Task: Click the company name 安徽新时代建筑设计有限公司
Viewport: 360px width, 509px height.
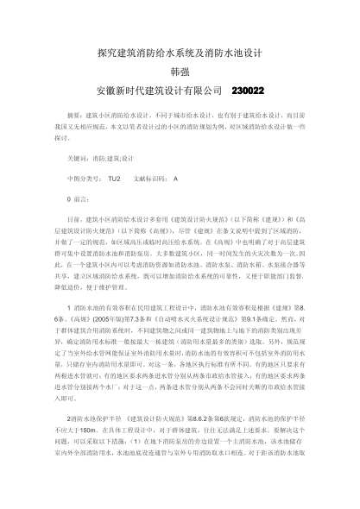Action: [x=155, y=90]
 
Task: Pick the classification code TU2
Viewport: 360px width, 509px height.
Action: [x=115, y=179]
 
